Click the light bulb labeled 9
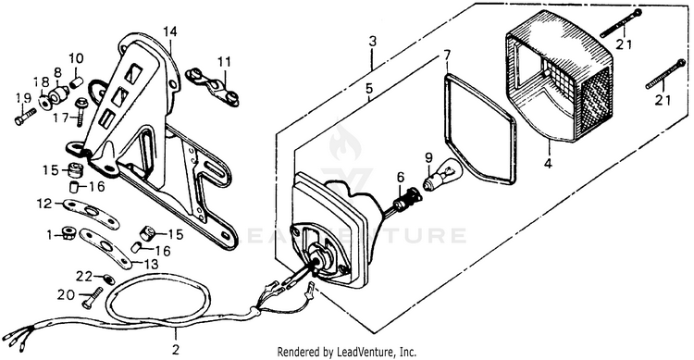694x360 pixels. click(442, 175)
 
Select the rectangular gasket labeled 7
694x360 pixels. click(479, 129)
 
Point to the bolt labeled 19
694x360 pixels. click(25, 116)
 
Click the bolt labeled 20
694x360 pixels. click(92, 298)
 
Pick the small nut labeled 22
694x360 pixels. click(107, 279)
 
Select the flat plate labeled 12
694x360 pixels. click(92, 214)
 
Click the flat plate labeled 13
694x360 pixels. click(105, 247)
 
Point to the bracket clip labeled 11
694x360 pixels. click(213, 85)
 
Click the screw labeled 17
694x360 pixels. click(81, 111)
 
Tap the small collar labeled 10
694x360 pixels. click(77, 82)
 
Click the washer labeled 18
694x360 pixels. click(44, 103)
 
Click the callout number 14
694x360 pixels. click(169, 31)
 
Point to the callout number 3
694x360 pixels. click(373, 42)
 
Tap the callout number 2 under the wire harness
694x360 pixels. click(176, 350)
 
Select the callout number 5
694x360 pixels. click(369, 89)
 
